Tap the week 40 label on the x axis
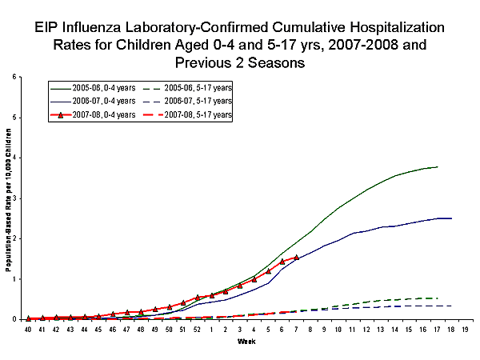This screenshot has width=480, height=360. click(x=28, y=329)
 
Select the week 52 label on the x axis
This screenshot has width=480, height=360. click(x=198, y=329)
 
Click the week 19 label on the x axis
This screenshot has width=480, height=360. click(x=466, y=329)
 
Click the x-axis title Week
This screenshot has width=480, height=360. click(x=246, y=342)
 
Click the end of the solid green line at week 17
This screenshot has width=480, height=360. click(x=438, y=166)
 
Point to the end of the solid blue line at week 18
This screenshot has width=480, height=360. click(x=451, y=218)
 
